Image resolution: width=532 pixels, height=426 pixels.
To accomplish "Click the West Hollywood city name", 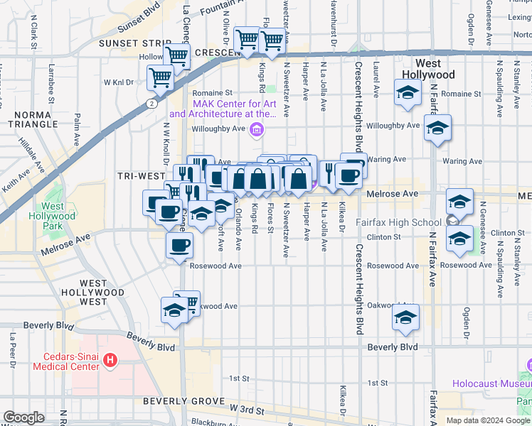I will click(428, 69).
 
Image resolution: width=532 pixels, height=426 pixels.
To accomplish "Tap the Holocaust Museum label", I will click(491, 384).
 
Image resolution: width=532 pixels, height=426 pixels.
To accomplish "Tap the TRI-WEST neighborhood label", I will click(142, 175).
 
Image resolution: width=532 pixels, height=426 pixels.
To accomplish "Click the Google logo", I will click(23, 417).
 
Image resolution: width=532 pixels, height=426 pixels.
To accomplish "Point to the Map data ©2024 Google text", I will click(487, 420).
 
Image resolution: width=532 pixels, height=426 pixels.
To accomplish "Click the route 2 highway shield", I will click(151, 104).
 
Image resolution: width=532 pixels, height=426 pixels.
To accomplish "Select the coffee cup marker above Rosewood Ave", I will click(179, 246).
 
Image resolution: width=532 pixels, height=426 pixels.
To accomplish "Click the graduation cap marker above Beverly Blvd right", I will click(405, 317).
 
